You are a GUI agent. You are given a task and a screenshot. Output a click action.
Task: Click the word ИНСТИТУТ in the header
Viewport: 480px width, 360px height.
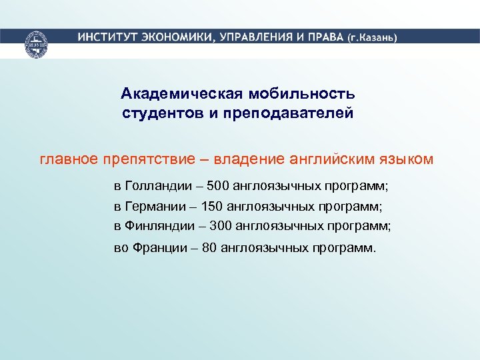coord(105,37)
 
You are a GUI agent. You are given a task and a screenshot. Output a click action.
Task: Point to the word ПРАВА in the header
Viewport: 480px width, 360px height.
coord(325,37)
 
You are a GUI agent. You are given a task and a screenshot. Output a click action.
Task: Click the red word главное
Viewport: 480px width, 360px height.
coord(69,159)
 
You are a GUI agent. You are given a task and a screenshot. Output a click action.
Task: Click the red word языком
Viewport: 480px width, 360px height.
coord(407,159)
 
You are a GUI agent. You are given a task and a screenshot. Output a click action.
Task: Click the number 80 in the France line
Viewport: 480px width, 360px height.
coord(209,249)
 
